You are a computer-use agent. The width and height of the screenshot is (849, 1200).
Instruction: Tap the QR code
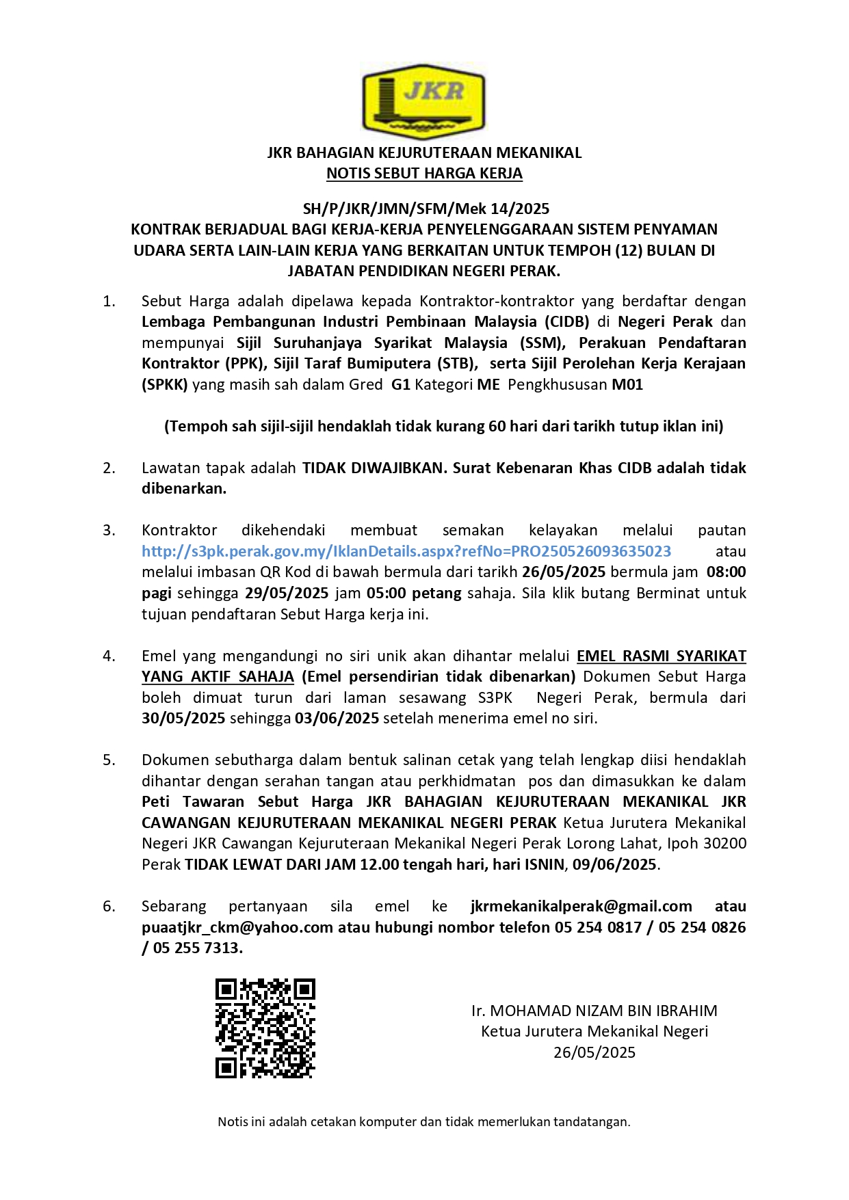[x=265, y=1028]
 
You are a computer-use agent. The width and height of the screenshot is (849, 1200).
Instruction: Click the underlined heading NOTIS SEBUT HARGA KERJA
[x=424, y=174]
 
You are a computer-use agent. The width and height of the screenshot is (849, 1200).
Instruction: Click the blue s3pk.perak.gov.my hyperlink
[x=406, y=551]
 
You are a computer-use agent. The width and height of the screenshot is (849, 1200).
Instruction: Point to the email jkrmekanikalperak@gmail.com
[x=582, y=907]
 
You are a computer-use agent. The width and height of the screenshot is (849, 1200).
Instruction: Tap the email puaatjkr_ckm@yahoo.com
[x=237, y=928]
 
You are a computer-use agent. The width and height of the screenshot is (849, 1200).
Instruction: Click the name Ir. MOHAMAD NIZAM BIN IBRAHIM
[x=594, y=1011]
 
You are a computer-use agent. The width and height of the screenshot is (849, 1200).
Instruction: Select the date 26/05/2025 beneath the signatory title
[x=594, y=1052]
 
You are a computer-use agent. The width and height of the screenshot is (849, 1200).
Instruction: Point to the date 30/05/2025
[x=183, y=719]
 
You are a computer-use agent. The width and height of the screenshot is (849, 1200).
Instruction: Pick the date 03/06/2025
[x=337, y=719]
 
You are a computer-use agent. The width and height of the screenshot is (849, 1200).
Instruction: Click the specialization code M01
[x=627, y=385]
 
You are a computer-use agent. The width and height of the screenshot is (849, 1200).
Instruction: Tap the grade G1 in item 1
[x=400, y=385]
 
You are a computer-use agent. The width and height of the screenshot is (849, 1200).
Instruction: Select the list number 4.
[x=109, y=656]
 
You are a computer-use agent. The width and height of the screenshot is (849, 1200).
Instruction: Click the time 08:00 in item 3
[x=726, y=572]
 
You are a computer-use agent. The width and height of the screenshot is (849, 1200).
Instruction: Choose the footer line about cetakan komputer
[x=424, y=1122]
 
